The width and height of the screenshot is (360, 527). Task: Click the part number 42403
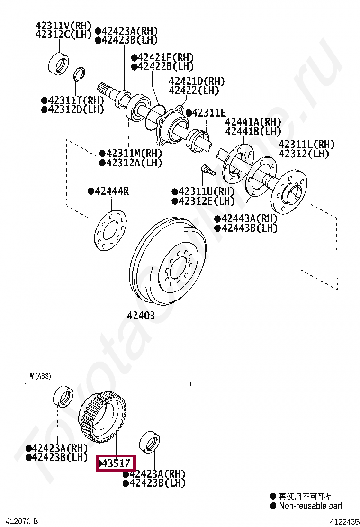[x=141, y=315]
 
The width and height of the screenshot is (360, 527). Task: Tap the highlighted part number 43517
[x=116, y=464]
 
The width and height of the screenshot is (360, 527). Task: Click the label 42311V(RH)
[x=63, y=25]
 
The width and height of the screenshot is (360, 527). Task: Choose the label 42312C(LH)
[x=63, y=34]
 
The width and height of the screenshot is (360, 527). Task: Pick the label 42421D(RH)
[x=197, y=81]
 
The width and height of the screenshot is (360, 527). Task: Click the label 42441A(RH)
[x=253, y=121]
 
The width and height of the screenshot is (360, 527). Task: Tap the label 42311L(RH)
[x=306, y=144]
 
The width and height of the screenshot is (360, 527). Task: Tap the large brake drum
[x=168, y=261]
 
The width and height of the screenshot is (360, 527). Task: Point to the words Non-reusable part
[x=311, y=506]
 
